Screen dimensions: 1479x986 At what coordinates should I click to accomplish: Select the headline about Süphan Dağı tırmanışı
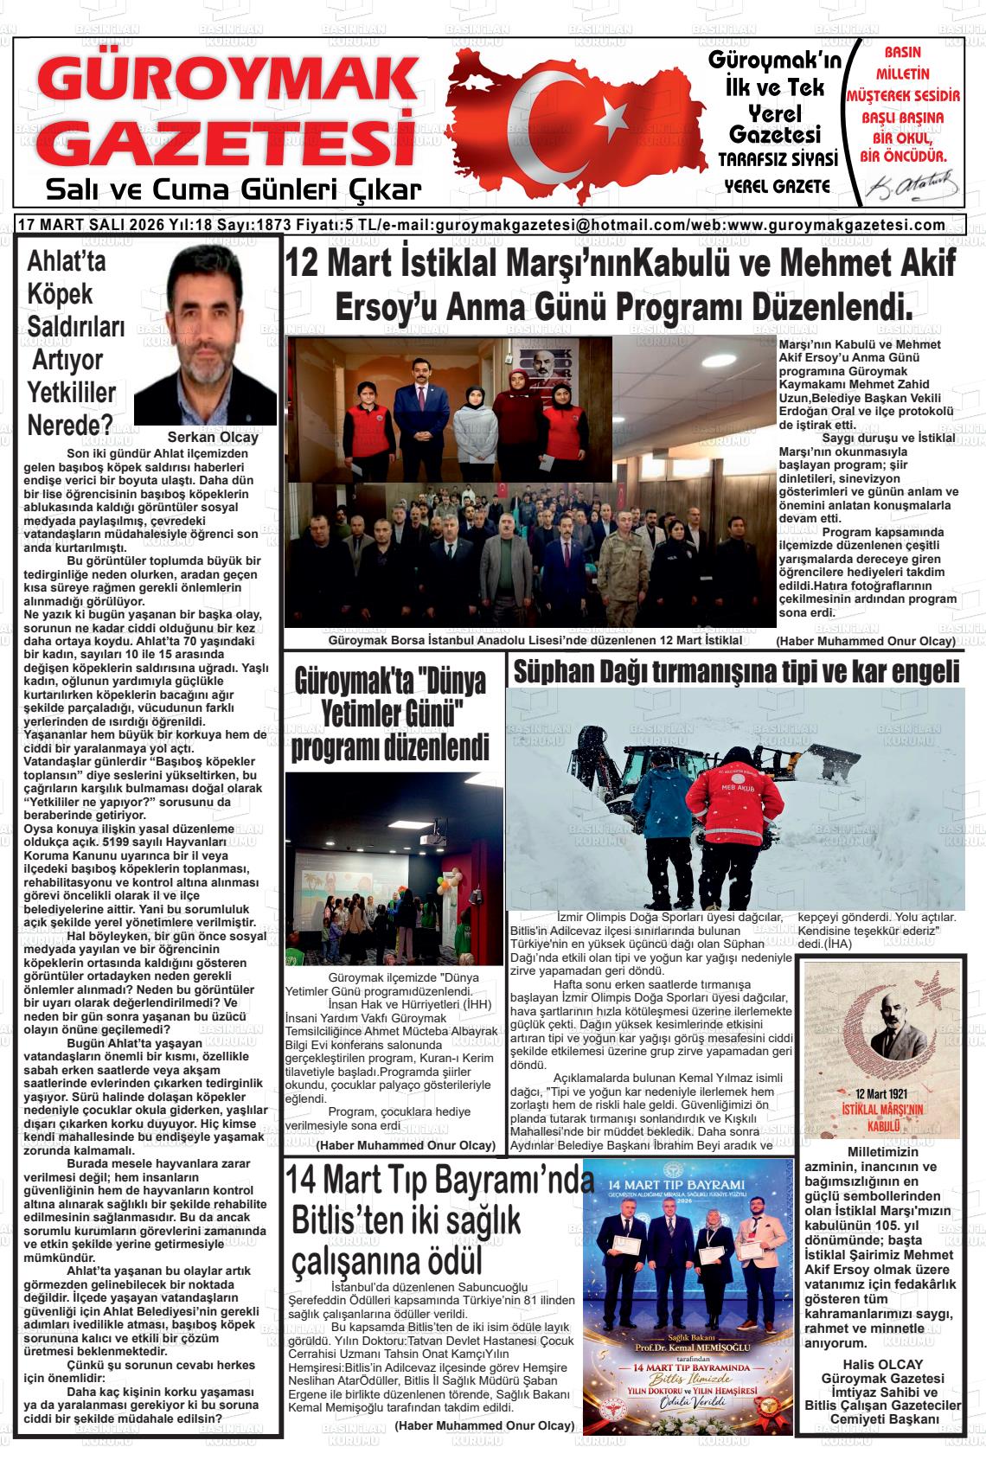tap(736, 670)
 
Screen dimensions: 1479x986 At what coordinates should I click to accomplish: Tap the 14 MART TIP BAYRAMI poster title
tap(688, 1183)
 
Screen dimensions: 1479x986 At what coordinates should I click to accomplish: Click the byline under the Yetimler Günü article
tap(406, 1145)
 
